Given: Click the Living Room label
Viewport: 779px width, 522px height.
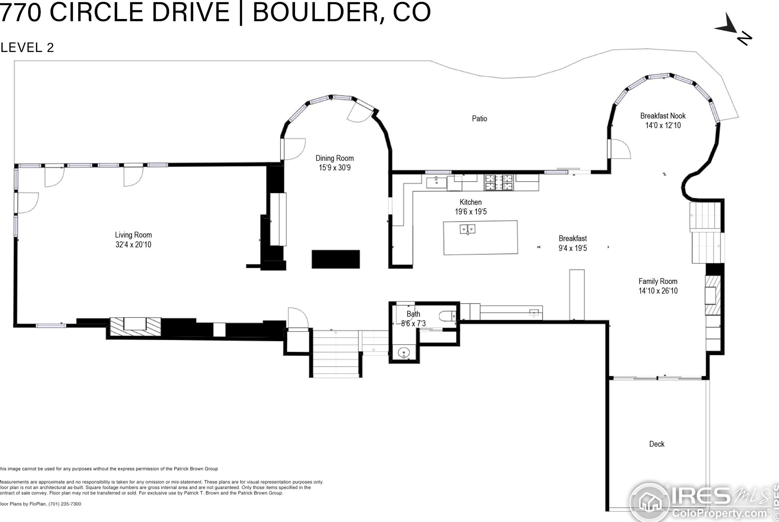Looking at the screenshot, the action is point(134,235).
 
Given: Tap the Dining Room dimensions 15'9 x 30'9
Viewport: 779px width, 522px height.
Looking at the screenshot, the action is point(335,168).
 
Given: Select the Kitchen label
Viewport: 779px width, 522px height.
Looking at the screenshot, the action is point(471,202).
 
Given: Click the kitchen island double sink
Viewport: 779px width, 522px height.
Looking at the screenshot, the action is point(468,229).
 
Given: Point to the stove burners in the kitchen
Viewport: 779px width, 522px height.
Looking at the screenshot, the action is point(498,183).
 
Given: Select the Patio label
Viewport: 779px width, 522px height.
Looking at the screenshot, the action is point(479,119).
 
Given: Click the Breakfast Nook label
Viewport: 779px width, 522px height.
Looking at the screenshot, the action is point(663,116).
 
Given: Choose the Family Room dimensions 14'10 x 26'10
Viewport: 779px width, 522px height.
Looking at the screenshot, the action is point(658,291).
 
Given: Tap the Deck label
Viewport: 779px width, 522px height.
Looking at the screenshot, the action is point(657,444).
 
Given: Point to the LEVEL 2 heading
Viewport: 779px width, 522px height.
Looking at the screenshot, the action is point(27,48).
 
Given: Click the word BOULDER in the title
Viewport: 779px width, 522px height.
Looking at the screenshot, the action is point(317,12).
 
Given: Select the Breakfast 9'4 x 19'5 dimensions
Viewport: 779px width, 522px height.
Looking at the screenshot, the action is point(573,248).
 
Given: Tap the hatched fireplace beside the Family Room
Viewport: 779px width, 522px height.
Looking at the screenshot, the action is point(713,295).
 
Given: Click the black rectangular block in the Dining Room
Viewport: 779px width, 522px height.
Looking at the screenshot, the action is point(336,259).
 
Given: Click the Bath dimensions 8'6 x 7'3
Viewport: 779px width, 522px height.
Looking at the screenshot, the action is point(413,323).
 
